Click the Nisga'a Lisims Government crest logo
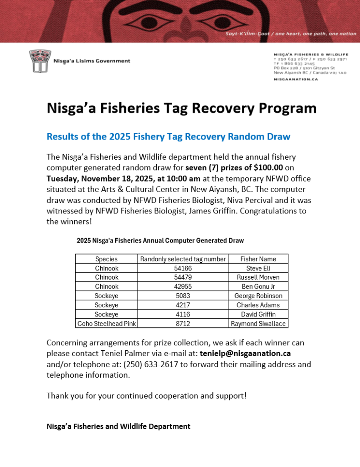pyautogui.click(x=37, y=61)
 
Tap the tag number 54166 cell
pyautogui.click(x=183, y=268)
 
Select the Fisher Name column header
pyautogui.click(x=258, y=259)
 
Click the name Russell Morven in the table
pyautogui.click(x=258, y=277)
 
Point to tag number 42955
pyautogui.click(x=183, y=286)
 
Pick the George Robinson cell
pyautogui.click(x=258, y=296)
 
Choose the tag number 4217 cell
pyautogui.click(x=183, y=305)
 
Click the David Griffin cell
pyautogui.click(x=258, y=314)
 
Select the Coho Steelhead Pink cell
pyautogui.click(x=106, y=323)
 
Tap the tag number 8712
pyautogui.click(x=183, y=323)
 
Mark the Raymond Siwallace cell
pyautogui.click(x=258, y=323)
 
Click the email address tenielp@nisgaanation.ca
pyautogui.click(x=245, y=353)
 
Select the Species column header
pyautogui.click(x=106, y=259)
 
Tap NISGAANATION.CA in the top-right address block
pyautogui.click(x=296, y=79)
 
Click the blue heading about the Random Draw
pyautogui.click(x=168, y=137)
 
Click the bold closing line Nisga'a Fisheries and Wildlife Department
pyautogui.click(x=118, y=426)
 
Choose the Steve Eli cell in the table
pyautogui.click(x=258, y=268)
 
